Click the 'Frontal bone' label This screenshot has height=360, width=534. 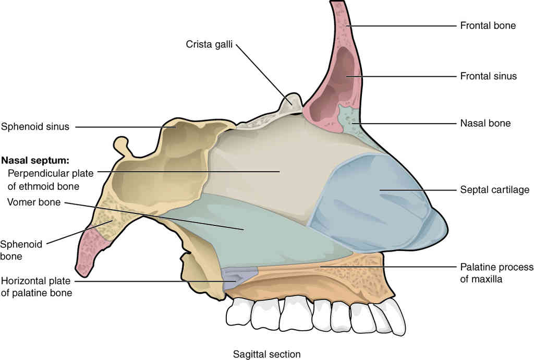pos(488,26)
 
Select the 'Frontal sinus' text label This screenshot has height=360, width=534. pos(488,76)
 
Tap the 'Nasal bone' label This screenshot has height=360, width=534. pos(486,123)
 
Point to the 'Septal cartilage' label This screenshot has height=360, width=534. pos(494,190)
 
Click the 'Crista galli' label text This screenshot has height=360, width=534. pos(209,44)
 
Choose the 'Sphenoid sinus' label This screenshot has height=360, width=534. pos(35,127)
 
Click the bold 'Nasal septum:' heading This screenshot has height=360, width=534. pos(35,160)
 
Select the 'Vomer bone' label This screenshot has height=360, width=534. pos(34,202)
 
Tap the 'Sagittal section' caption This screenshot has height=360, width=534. pos(266,354)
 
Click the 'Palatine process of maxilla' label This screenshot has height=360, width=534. pos(496,273)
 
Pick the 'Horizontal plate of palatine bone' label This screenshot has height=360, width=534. pos(36,287)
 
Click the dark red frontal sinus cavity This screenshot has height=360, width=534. pos(335,85)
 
